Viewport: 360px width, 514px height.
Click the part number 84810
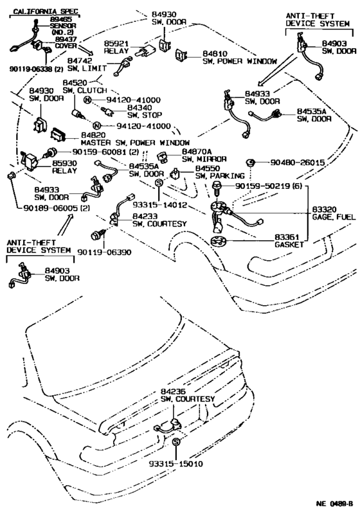(215, 53)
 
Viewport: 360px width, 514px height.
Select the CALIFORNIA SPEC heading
(46, 12)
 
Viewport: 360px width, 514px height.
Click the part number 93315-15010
(176, 464)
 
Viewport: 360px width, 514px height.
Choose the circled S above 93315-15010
(176, 442)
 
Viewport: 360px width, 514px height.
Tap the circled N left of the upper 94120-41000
(87, 100)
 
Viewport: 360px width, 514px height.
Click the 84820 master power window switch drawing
(59, 135)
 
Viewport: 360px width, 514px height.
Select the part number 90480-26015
(298, 163)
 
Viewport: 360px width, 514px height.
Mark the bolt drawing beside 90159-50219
(217, 188)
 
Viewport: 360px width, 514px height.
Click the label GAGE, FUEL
(334, 217)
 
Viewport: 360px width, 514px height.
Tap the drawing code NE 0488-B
(335, 503)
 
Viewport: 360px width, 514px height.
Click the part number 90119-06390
(104, 252)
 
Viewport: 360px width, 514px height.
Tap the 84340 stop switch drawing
(108, 111)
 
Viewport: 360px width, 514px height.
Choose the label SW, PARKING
(220, 175)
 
